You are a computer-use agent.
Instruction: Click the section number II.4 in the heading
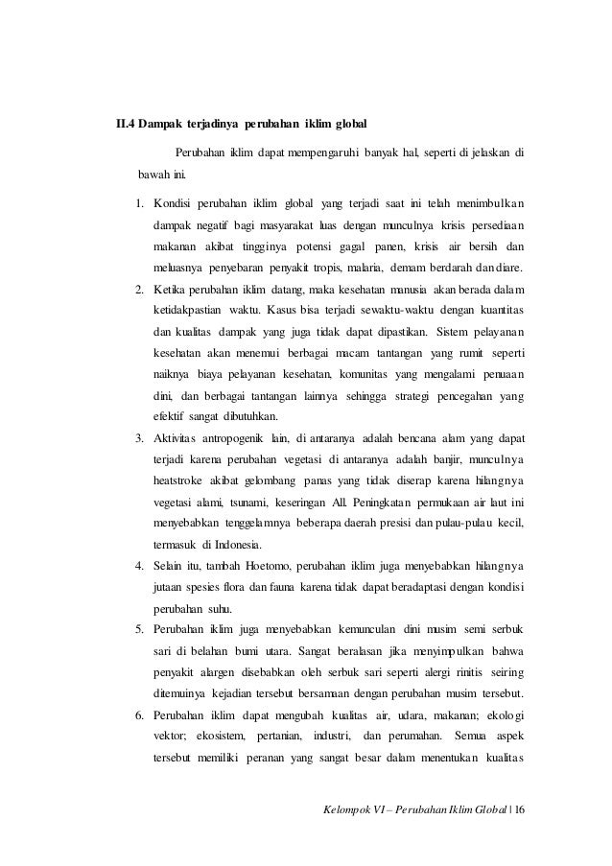(127, 124)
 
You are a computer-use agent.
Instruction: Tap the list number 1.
(139, 203)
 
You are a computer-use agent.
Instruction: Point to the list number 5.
(139, 627)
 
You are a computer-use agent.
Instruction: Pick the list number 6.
(139, 717)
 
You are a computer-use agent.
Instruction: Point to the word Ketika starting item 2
(173, 289)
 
